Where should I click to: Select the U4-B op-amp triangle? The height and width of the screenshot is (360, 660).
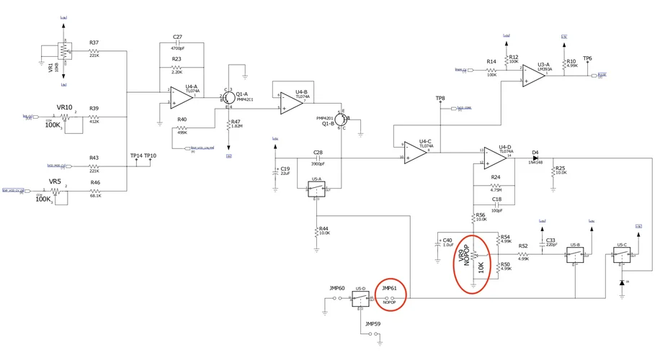(291, 104)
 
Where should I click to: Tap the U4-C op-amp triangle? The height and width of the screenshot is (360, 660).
(417, 151)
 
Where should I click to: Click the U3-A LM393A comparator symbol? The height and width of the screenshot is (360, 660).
(534, 76)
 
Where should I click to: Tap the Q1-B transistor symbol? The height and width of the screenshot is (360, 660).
(344, 120)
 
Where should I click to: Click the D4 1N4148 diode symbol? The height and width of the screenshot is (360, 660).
(535, 158)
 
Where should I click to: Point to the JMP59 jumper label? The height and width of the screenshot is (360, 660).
(373, 324)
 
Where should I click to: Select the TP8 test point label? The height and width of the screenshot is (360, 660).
(440, 98)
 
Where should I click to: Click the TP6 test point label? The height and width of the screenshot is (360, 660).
(587, 59)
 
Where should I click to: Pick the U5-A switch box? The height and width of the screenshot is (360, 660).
(317, 189)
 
